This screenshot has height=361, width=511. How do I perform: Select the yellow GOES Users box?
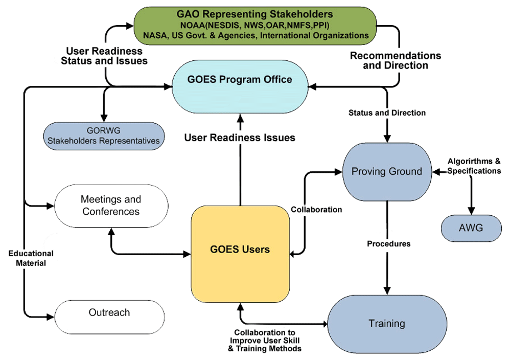point(240,249)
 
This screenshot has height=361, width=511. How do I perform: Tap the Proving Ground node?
point(387,171)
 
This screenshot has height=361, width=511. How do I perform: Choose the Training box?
point(387,323)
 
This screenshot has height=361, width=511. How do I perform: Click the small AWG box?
point(471,228)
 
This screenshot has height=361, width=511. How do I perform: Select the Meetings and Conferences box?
point(111,206)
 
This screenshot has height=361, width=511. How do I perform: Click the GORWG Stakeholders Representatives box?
point(105,136)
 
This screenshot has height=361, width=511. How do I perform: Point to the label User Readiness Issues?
point(240,138)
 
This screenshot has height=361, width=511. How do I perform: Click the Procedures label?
point(388,244)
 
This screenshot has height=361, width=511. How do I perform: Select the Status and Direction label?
point(387,112)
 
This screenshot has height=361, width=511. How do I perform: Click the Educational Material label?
point(31,258)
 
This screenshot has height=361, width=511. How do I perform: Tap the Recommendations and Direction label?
point(395,60)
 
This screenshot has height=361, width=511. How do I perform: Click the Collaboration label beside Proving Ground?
point(316,209)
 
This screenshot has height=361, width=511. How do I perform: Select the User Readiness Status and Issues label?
point(104,56)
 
